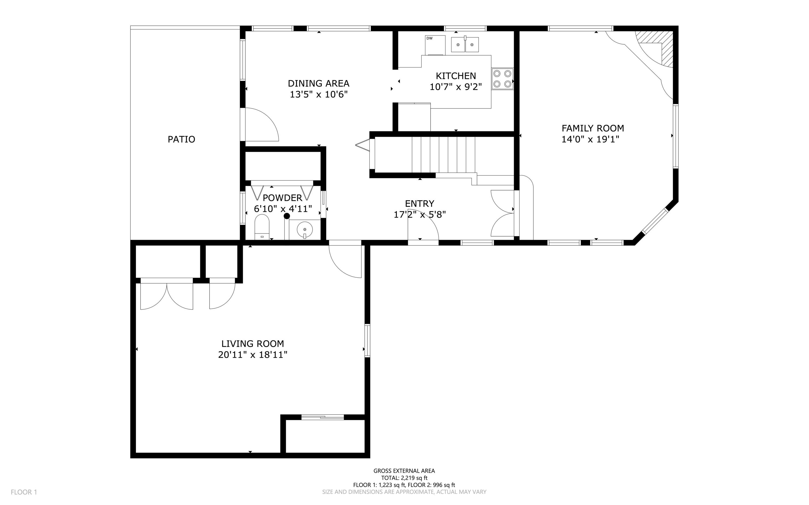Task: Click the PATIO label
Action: (x=181, y=139)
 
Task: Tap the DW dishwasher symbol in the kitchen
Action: (x=435, y=45)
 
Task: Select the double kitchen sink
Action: (x=465, y=44)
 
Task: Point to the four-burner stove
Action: (x=502, y=79)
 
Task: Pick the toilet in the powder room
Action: (x=262, y=227)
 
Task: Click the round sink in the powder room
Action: (x=304, y=229)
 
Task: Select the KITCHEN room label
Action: (x=456, y=76)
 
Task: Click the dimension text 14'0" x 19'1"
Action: (x=590, y=139)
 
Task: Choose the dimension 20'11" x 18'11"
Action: (x=252, y=355)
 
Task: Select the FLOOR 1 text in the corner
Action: (x=24, y=492)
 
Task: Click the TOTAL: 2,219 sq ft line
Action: (x=404, y=478)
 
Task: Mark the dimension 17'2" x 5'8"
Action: (x=420, y=214)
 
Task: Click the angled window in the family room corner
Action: (x=655, y=221)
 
